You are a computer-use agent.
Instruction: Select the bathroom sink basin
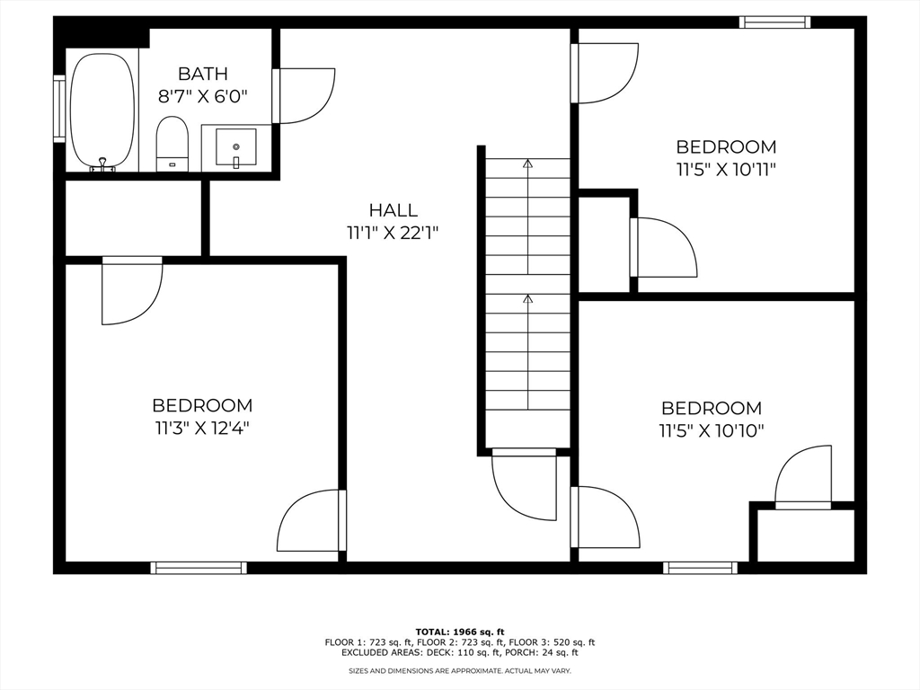(x=236, y=146)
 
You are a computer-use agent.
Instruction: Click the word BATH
(x=202, y=74)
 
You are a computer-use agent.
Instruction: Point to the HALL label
(x=394, y=210)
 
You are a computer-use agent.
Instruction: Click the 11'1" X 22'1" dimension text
(x=394, y=234)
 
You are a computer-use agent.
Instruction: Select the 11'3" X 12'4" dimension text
(x=202, y=429)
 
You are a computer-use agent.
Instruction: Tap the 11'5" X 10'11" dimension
(x=726, y=170)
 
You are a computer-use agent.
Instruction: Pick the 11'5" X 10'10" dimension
(x=712, y=431)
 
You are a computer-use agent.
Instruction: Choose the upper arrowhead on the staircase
(x=528, y=164)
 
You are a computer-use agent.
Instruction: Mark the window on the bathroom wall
(x=59, y=109)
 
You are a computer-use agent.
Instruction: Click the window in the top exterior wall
(x=774, y=22)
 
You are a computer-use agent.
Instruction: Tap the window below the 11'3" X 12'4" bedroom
(x=199, y=568)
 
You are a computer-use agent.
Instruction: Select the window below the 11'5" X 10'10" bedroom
(x=700, y=568)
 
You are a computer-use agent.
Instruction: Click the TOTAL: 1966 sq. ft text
(x=460, y=632)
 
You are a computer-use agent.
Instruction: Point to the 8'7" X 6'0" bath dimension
(x=202, y=96)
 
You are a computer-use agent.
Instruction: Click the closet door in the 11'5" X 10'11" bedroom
(x=663, y=247)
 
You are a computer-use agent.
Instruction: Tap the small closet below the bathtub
(x=133, y=217)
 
